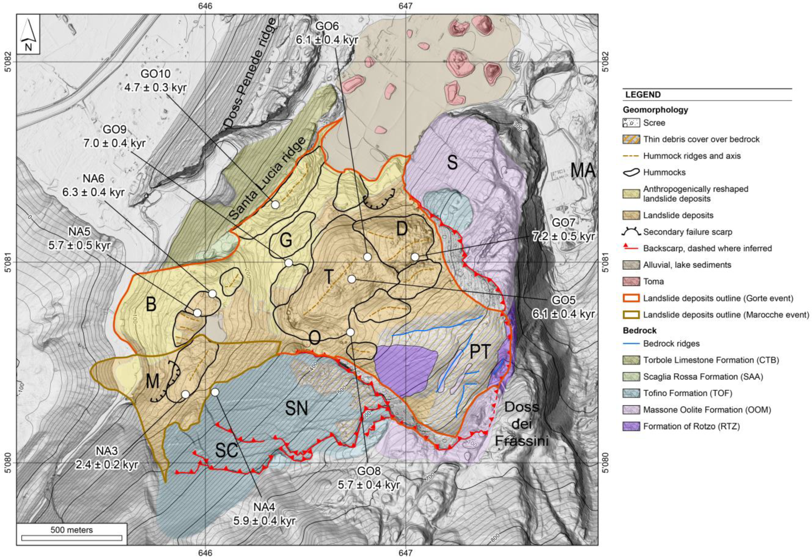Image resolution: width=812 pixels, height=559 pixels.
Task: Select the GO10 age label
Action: coord(155,80)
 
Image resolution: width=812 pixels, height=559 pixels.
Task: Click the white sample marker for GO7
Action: coord(415,257)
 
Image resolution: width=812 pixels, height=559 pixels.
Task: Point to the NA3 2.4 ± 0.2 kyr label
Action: coord(106,458)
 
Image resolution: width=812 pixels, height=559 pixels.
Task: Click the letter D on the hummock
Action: coord(402,229)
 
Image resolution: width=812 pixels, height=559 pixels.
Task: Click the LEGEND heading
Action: coord(643,95)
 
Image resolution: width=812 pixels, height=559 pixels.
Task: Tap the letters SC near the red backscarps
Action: coord(227,450)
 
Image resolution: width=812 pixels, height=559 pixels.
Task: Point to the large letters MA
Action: coord(583,171)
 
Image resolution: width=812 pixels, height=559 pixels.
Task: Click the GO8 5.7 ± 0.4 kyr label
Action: coord(368,480)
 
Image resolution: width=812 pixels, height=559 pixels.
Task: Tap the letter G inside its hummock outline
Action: coord(286,240)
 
